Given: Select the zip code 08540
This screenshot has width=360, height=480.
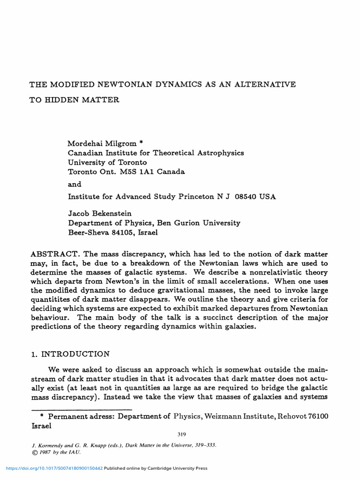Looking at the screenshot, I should point(244,196).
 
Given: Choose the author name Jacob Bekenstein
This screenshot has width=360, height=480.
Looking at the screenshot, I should point(99,213).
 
